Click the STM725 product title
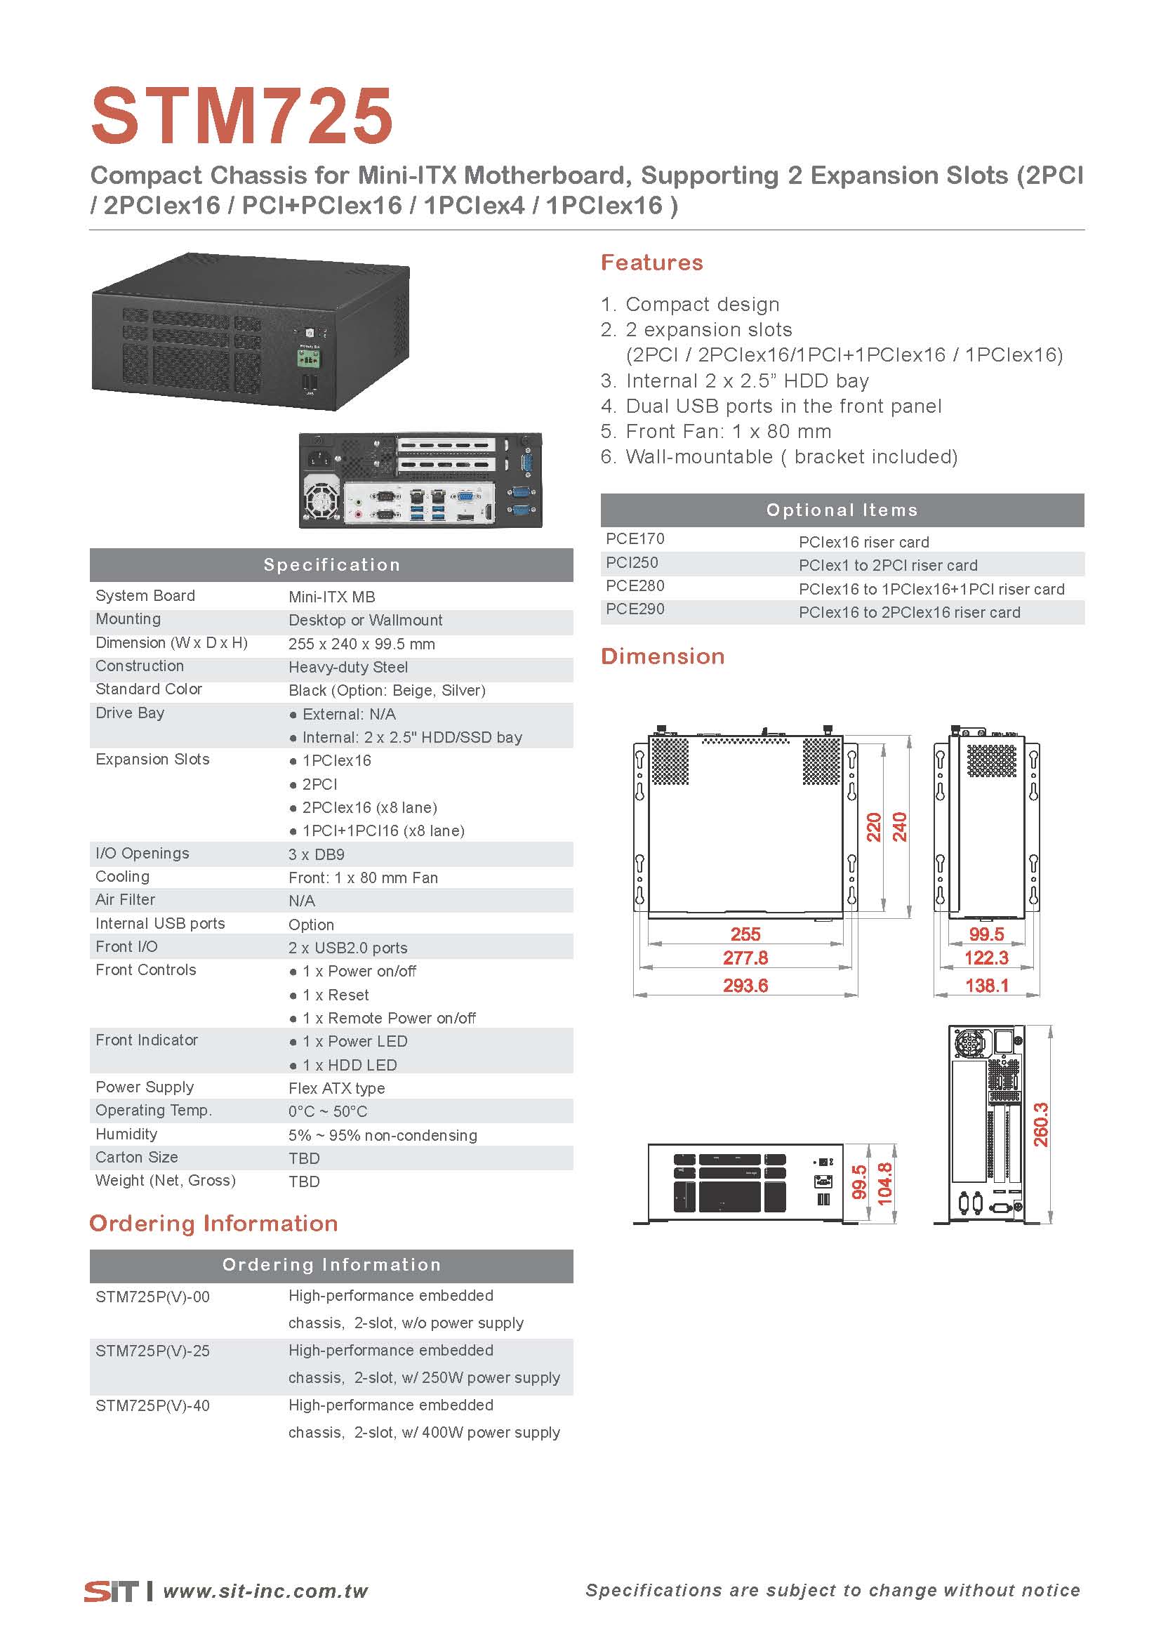coord(241,115)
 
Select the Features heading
coord(651,263)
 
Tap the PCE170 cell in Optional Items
coord(635,538)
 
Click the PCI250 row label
coord(632,563)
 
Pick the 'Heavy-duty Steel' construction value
coord(348,667)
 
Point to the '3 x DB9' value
coord(317,854)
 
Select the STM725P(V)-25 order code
coord(153,1351)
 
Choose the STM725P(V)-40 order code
coord(153,1405)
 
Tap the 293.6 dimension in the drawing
coord(745,986)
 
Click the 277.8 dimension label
coord(745,958)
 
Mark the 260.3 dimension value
coord(1041,1124)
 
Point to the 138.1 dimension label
coord(986,986)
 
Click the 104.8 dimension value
coord(884,1184)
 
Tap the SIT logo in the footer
coord(112,1591)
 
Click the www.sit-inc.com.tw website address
coord(265,1591)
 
